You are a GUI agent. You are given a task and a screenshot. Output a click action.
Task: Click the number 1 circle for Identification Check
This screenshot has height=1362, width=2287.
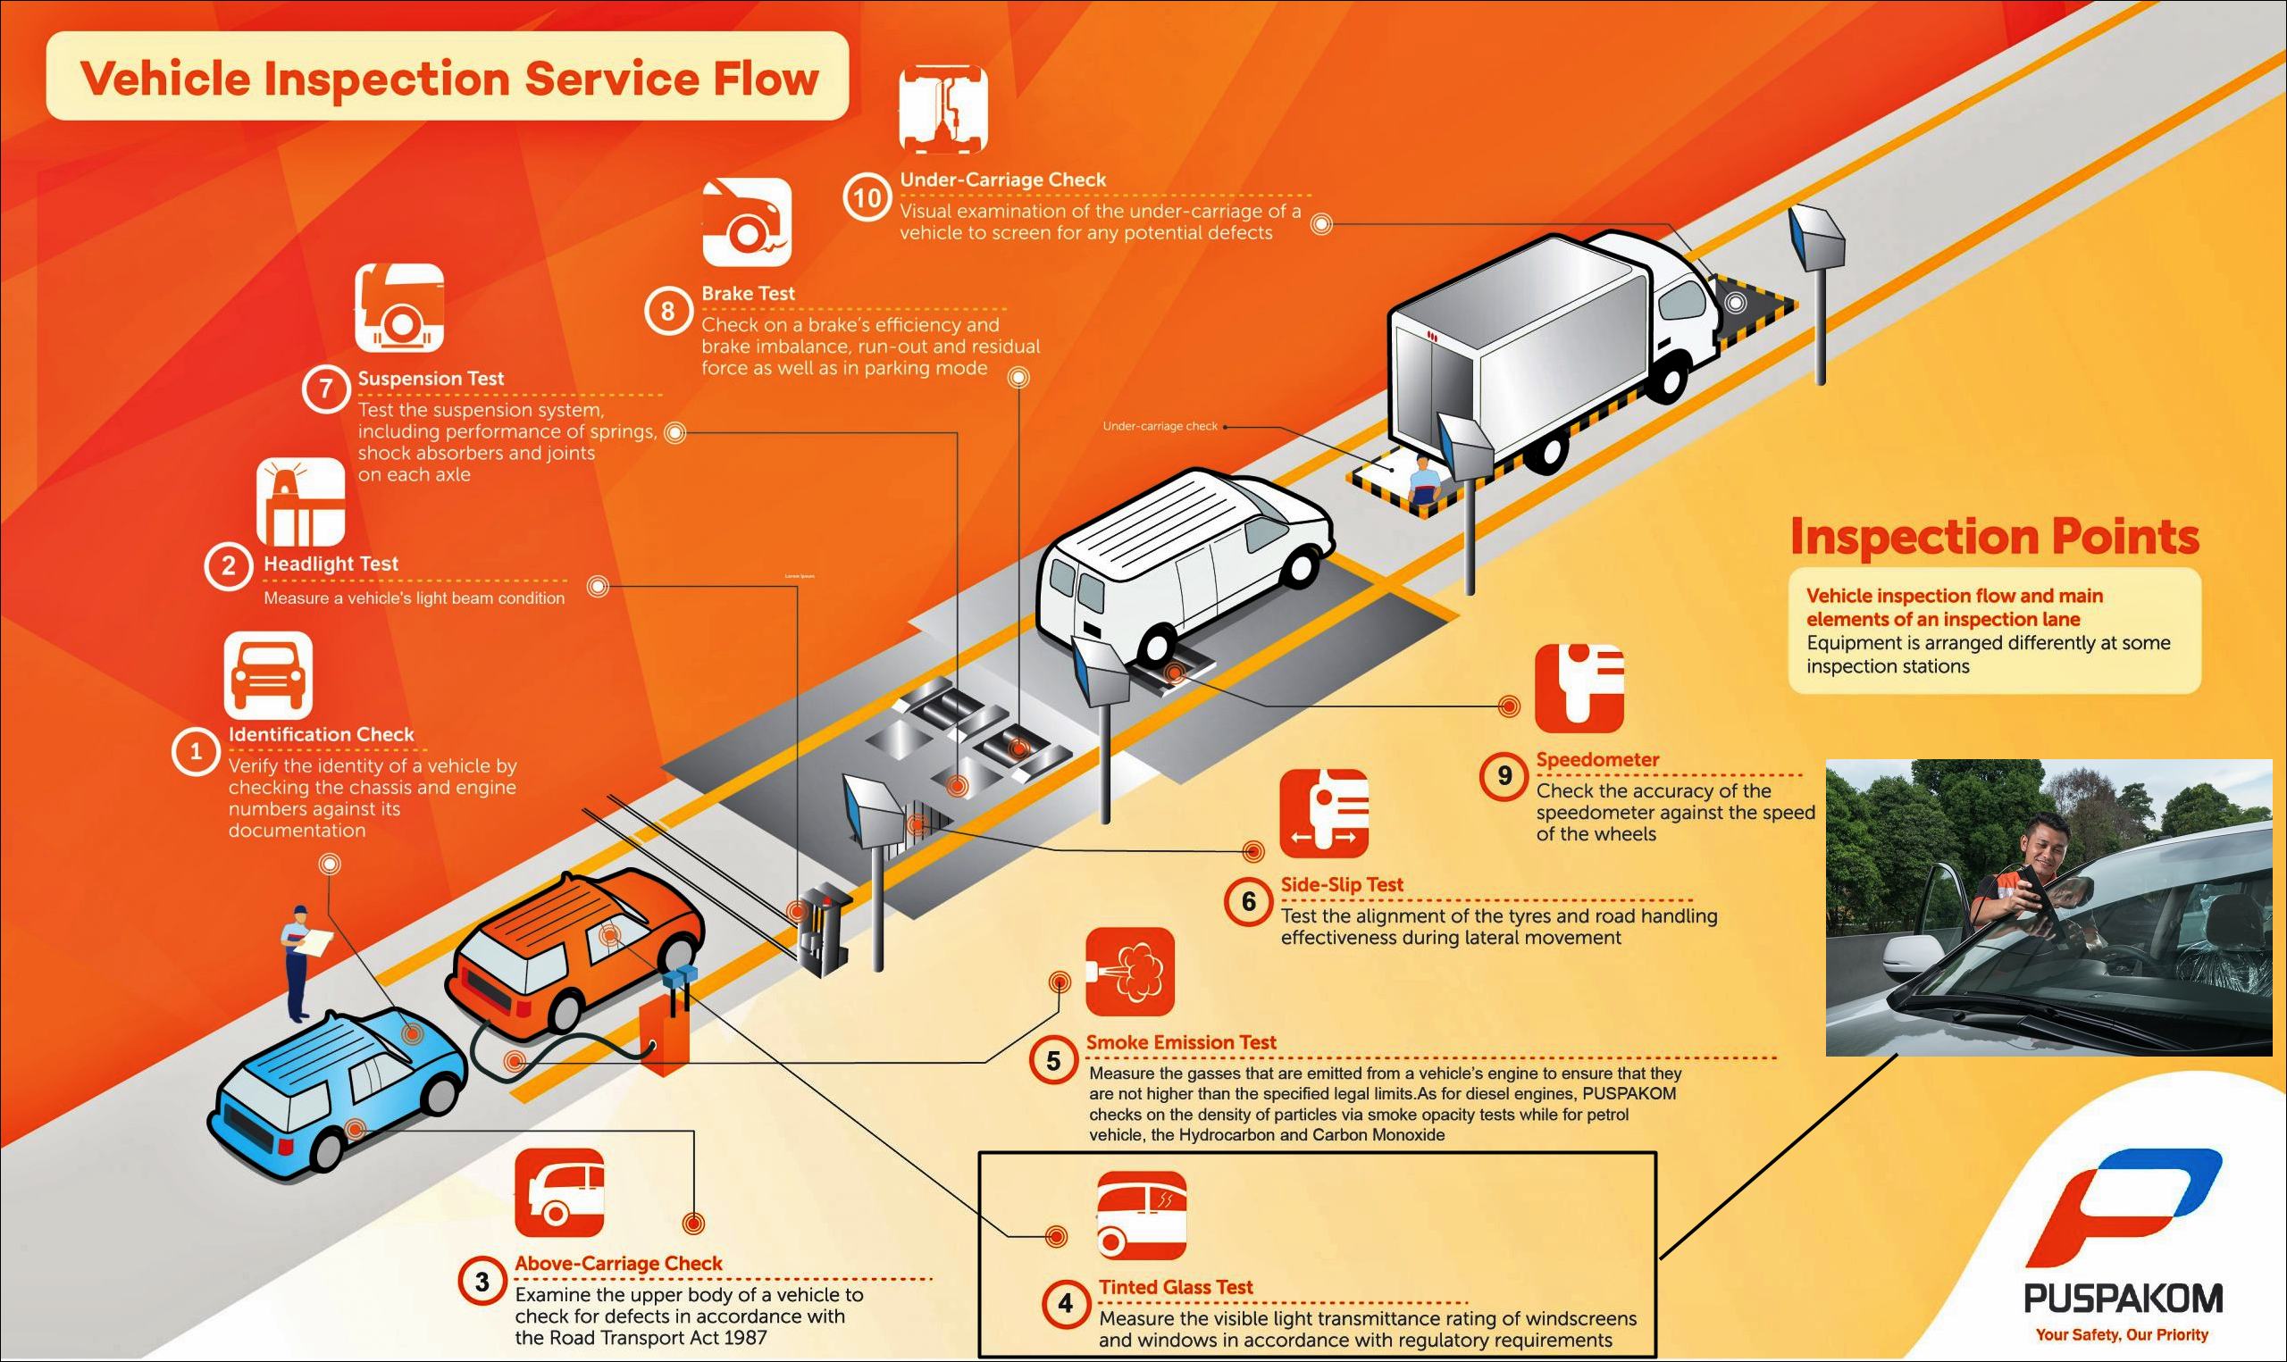195,753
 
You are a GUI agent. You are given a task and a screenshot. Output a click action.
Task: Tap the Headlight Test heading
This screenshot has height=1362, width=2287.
331,564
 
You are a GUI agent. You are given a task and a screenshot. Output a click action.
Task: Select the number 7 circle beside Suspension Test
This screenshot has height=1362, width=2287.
325,389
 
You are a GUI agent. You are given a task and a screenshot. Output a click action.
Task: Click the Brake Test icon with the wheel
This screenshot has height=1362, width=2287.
746,222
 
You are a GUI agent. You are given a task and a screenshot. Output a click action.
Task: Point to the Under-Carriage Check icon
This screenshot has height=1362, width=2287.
943,108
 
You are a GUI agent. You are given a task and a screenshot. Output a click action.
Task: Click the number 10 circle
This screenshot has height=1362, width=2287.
867,197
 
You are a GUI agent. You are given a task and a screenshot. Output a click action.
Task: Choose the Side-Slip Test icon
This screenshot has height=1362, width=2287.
1323,813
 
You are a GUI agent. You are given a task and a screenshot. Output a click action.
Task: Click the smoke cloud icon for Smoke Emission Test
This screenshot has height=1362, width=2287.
1130,971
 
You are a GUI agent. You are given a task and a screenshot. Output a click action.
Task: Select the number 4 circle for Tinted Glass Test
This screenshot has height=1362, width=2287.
1065,1303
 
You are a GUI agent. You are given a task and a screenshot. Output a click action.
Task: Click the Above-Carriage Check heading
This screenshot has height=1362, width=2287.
617,1263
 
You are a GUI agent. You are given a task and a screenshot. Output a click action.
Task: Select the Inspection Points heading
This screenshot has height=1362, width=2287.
1994,536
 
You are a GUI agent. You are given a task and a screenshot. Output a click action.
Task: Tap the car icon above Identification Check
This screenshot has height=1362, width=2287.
268,674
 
